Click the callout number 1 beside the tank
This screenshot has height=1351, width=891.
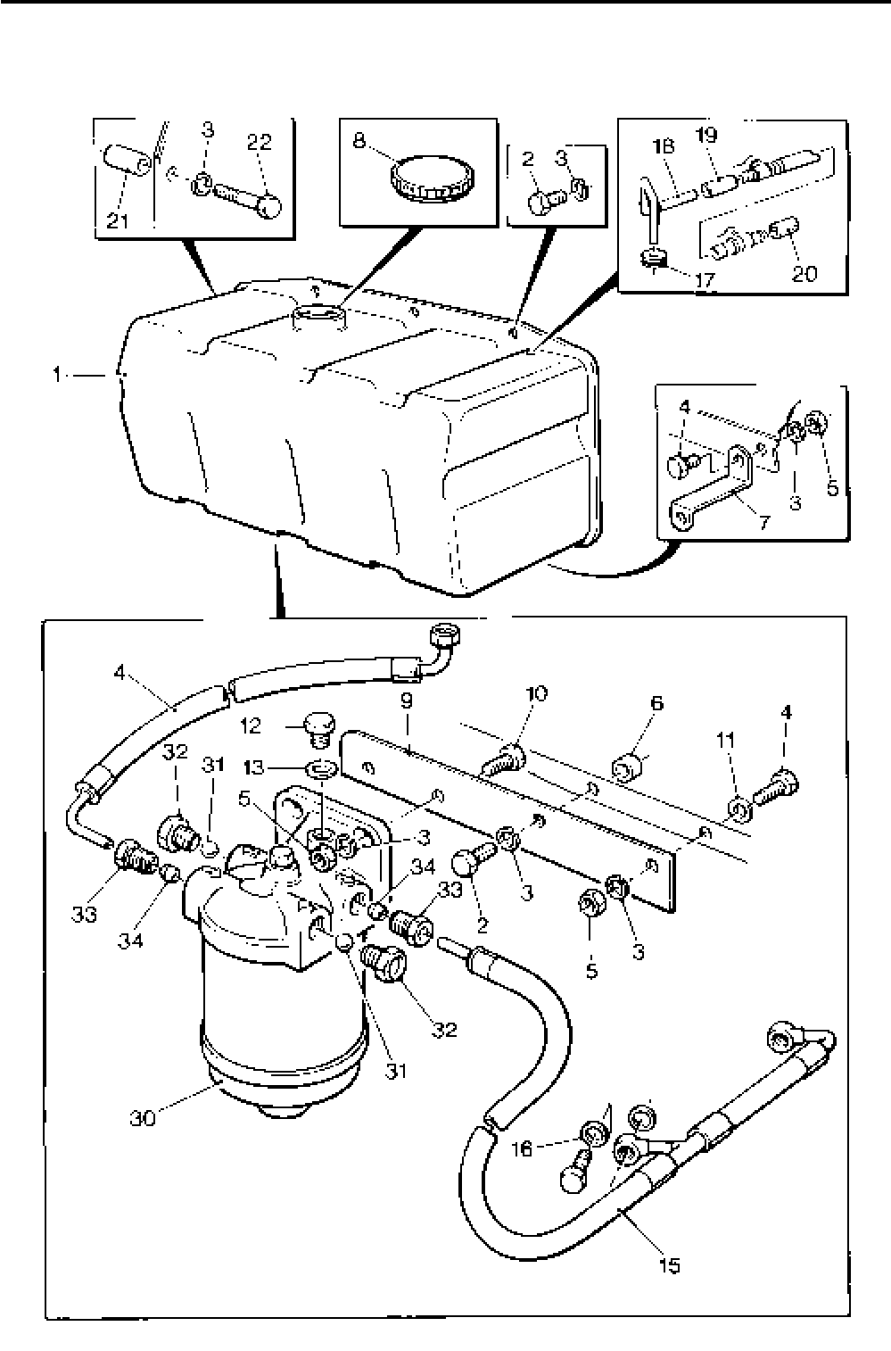(57, 376)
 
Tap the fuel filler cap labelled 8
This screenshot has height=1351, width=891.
(431, 178)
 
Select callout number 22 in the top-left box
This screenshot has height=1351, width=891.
(259, 142)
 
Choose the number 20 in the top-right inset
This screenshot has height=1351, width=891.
(804, 272)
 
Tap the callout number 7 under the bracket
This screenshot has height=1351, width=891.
(764, 521)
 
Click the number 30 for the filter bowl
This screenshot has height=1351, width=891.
(143, 1117)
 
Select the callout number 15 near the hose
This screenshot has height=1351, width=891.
(669, 1264)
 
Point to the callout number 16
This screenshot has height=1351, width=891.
(523, 1148)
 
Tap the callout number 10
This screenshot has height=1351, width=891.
(537, 693)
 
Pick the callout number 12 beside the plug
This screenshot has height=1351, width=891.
(252, 725)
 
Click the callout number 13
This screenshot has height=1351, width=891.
(255, 767)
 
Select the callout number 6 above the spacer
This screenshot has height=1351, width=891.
(657, 703)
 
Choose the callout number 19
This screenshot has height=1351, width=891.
(705, 136)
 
